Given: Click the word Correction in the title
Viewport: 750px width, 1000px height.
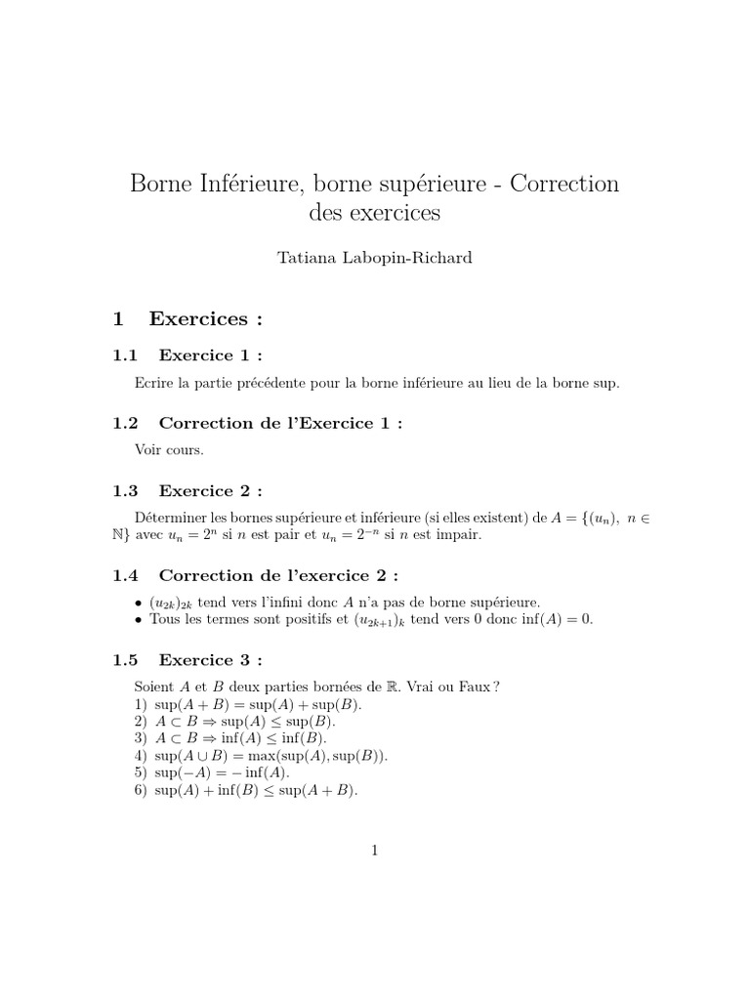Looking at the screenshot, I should coord(564,184).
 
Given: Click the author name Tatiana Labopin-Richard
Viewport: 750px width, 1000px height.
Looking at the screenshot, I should coord(375,258).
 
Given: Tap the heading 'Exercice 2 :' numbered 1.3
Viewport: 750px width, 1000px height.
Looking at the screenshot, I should coord(211,490).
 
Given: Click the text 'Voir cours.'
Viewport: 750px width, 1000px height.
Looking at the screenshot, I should coord(169,450).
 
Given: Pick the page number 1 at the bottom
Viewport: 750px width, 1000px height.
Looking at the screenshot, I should coord(374,851).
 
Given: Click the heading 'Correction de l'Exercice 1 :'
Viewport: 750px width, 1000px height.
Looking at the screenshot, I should coord(280,423).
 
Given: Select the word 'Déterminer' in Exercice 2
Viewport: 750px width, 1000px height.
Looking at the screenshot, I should coord(169,519).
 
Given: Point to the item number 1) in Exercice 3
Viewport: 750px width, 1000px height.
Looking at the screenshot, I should coord(142,704).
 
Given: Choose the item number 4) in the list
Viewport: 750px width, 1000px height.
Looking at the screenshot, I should coord(142,755).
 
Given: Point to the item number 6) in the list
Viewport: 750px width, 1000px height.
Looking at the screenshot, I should coord(142,790).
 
